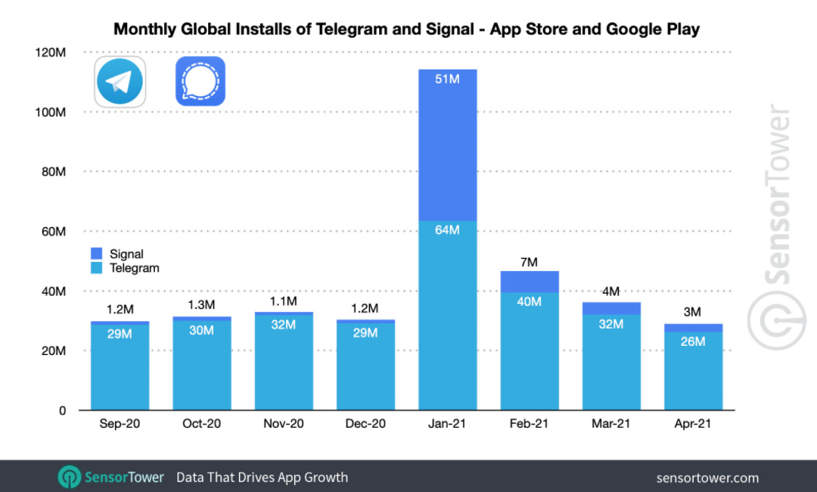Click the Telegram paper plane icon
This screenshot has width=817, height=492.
tap(120, 81)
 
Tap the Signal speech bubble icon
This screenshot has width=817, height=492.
tap(200, 81)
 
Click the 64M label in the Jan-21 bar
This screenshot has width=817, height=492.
tap(447, 230)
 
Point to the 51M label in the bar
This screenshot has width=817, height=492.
tap(447, 79)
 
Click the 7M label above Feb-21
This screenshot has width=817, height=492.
tap(529, 262)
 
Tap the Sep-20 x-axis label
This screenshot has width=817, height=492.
tap(120, 424)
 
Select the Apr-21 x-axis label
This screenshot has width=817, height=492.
tap(692, 424)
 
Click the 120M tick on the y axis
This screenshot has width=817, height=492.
tap(51, 52)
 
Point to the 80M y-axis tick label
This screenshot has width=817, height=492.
tap(53, 172)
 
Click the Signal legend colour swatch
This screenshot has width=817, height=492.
tap(97, 254)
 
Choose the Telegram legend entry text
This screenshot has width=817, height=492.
tap(135, 268)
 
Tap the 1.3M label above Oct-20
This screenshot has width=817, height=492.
tap(202, 305)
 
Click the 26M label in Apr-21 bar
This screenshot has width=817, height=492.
tap(692, 341)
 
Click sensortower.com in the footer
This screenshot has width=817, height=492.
tap(707, 478)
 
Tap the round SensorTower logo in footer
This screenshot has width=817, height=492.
tap(70, 477)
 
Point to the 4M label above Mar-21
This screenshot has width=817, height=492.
tap(610, 291)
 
